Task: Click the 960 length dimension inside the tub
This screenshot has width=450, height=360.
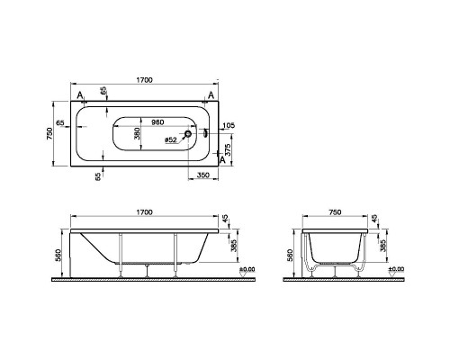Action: click(x=157, y=122)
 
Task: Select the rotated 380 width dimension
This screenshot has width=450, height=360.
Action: click(x=137, y=133)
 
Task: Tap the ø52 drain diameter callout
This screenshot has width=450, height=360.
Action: click(x=171, y=139)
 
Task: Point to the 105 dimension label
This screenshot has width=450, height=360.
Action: click(x=229, y=125)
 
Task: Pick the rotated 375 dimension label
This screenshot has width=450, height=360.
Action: click(x=228, y=149)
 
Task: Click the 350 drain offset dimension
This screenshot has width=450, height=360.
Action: click(x=203, y=175)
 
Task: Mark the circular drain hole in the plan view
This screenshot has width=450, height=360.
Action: click(x=188, y=134)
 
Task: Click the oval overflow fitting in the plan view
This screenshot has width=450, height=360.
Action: click(x=205, y=133)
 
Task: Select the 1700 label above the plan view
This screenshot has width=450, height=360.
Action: click(x=145, y=80)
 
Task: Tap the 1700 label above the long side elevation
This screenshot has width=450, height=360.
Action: click(x=145, y=212)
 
